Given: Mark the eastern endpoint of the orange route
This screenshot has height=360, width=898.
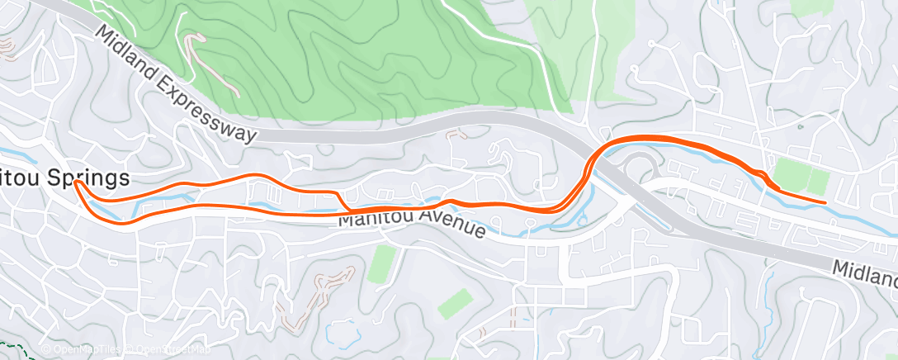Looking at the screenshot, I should [x=825, y=201].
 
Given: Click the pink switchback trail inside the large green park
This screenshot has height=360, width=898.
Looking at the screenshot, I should [x=206, y=62].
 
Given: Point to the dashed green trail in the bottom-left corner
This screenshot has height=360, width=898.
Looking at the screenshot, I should [x=21, y=347].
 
